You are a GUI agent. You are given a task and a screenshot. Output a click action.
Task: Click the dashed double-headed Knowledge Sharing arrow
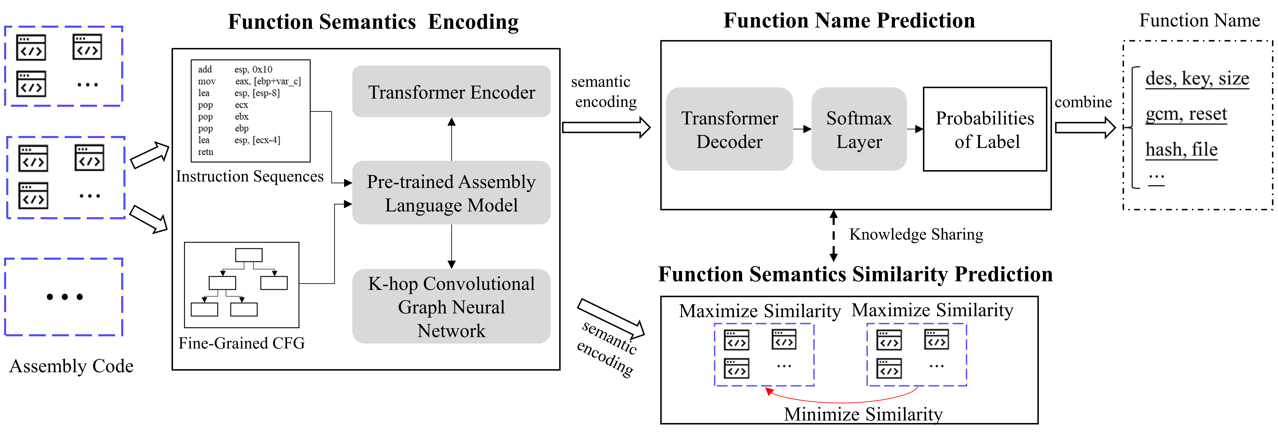(834, 236)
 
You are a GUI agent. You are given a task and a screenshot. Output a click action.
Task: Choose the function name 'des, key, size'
(1197, 78)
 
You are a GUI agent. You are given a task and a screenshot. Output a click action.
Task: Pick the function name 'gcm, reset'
(1186, 114)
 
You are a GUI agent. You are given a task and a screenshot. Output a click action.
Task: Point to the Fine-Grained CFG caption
(242, 343)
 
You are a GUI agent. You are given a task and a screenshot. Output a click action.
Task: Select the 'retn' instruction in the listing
(205, 152)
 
